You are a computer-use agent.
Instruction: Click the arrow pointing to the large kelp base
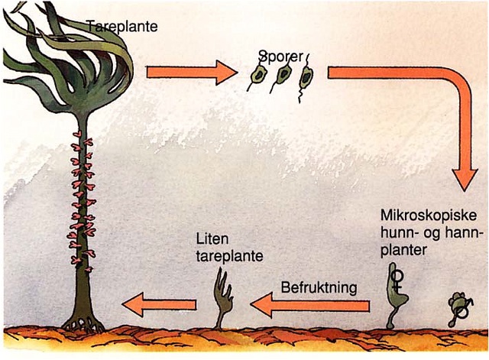point(158,306)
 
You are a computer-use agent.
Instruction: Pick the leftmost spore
point(257,76)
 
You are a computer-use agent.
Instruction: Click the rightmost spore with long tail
point(307,76)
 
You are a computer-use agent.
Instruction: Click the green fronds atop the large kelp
point(69,54)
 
